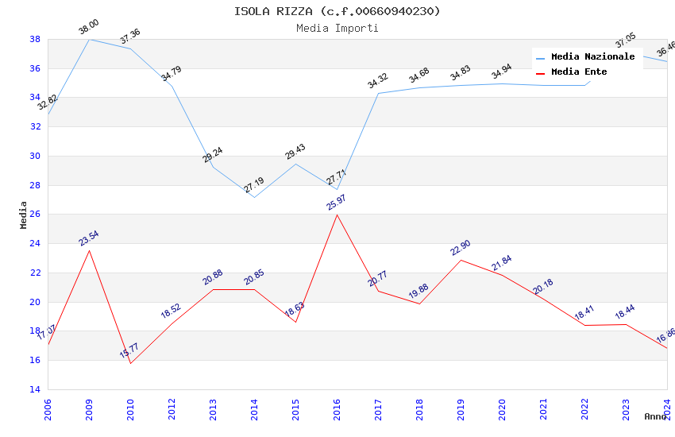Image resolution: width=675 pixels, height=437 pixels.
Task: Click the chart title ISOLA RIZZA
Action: click(337, 11)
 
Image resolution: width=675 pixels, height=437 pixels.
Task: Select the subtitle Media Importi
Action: click(337, 28)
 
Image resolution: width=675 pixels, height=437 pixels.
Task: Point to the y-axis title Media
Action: click(24, 215)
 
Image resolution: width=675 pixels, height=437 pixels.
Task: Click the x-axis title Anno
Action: click(655, 416)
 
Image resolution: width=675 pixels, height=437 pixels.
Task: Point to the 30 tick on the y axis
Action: click(35, 156)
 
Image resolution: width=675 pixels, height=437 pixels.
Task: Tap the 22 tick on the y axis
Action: click(35, 273)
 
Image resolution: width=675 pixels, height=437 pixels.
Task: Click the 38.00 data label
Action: click(88, 29)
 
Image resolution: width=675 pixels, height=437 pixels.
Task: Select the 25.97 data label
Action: click(336, 202)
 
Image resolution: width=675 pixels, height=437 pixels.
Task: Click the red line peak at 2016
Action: click(337, 215)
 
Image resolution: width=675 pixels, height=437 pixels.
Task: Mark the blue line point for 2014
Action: click(254, 197)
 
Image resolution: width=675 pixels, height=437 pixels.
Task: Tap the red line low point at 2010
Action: click(130, 363)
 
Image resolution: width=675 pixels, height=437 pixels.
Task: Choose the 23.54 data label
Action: click(88, 238)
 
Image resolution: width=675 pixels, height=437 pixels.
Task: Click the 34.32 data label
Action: click(377, 80)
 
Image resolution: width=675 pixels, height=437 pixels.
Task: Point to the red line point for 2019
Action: click(461, 260)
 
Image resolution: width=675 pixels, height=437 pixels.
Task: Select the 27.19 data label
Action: click(254, 185)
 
